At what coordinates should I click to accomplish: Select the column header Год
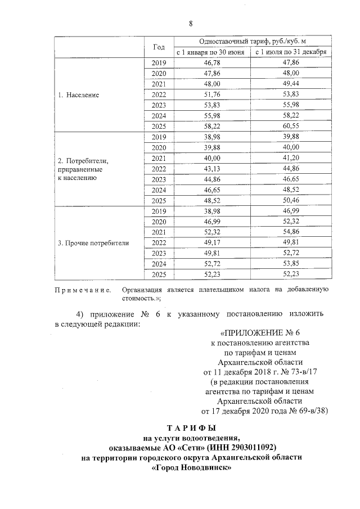159,47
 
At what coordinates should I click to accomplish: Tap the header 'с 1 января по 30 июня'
211,53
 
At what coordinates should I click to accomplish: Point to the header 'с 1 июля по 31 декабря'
290,53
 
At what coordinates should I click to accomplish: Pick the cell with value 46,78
211,63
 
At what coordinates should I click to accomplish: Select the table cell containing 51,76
211,95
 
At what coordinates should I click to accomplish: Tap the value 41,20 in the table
290,158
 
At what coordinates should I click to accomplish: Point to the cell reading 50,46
290,201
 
